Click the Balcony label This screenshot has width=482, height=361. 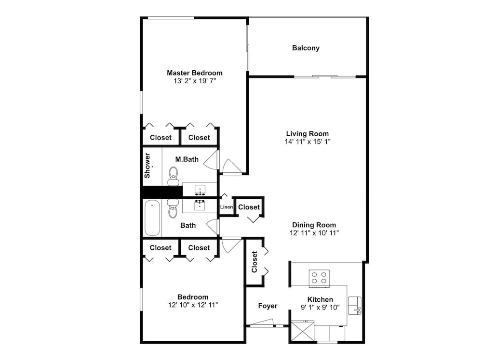[x=306, y=48]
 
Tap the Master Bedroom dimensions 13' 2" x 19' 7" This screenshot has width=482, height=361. [x=195, y=81]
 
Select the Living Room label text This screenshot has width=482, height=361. [x=307, y=134]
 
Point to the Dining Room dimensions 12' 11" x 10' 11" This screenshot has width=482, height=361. [x=314, y=233]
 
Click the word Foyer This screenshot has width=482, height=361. [x=268, y=306]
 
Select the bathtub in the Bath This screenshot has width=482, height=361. [x=152, y=218]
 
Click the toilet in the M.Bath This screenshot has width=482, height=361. [x=173, y=176]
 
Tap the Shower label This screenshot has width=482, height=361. [x=148, y=165]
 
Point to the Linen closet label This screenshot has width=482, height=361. [x=227, y=207]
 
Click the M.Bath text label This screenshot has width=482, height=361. [x=185, y=159]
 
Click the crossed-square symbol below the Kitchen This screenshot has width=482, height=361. [x=302, y=332]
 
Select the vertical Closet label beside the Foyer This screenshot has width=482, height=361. [x=254, y=262]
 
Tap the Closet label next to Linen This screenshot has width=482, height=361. [x=249, y=207]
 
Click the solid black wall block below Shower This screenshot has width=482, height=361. [x=161, y=192]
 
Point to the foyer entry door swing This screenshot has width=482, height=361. [x=261, y=323]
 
